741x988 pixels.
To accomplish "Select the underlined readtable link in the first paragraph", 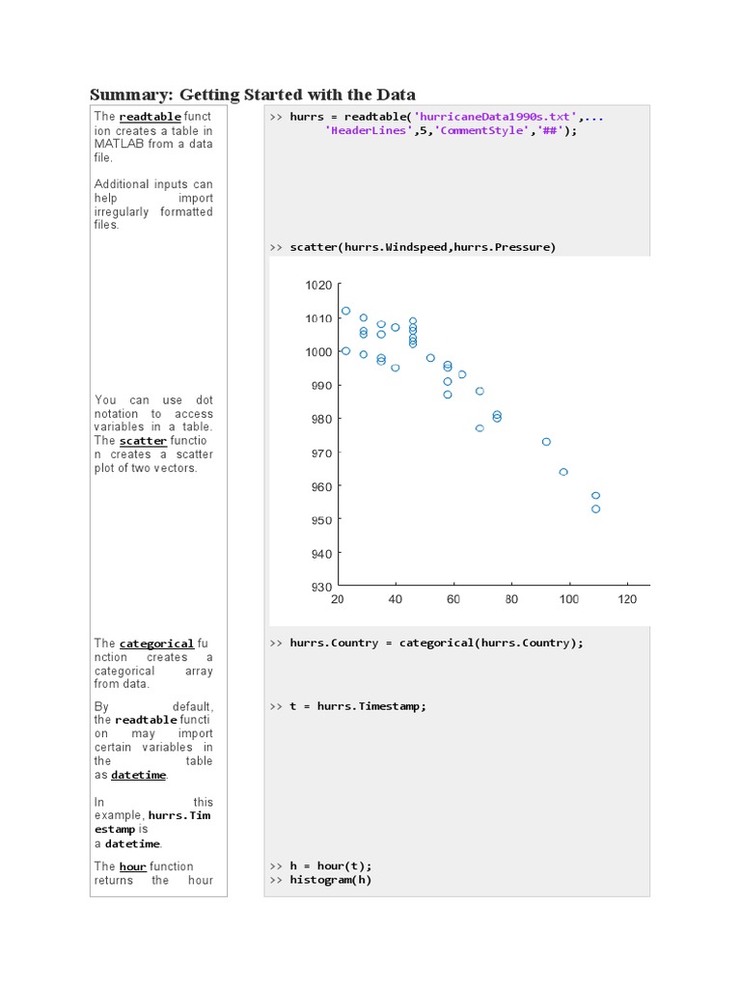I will click(x=150, y=117).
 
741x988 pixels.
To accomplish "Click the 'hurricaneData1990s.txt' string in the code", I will click(x=495, y=117).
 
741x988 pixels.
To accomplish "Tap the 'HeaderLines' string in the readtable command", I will click(x=370, y=130).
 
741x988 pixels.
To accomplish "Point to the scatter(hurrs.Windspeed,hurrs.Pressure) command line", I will click(x=423, y=247).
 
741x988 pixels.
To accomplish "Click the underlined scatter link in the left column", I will click(x=143, y=441).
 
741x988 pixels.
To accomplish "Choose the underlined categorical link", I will click(x=156, y=643).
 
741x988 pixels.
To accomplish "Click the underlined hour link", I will click(x=132, y=866).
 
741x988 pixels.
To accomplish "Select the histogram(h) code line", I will click(x=330, y=880).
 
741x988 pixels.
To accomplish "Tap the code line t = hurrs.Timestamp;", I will click(x=357, y=706).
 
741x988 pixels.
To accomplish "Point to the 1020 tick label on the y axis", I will click(x=318, y=286).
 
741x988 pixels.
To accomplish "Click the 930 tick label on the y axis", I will click(x=320, y=587).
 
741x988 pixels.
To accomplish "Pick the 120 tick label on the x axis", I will click(x=627, y=599).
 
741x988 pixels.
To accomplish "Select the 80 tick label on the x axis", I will click(x=511, y=599).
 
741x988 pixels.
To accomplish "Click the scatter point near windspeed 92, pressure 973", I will click(x=546, y=442).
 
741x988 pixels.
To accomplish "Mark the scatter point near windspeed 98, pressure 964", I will click(x=563, y=472).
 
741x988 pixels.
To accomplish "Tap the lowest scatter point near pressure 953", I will click(x=595, y=508).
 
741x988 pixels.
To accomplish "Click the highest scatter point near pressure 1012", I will click(x=346, y=311).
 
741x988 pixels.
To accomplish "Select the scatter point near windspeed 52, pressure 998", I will click(x=430, y=358).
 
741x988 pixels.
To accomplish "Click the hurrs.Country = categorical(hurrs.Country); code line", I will click(x=436, y=643).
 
